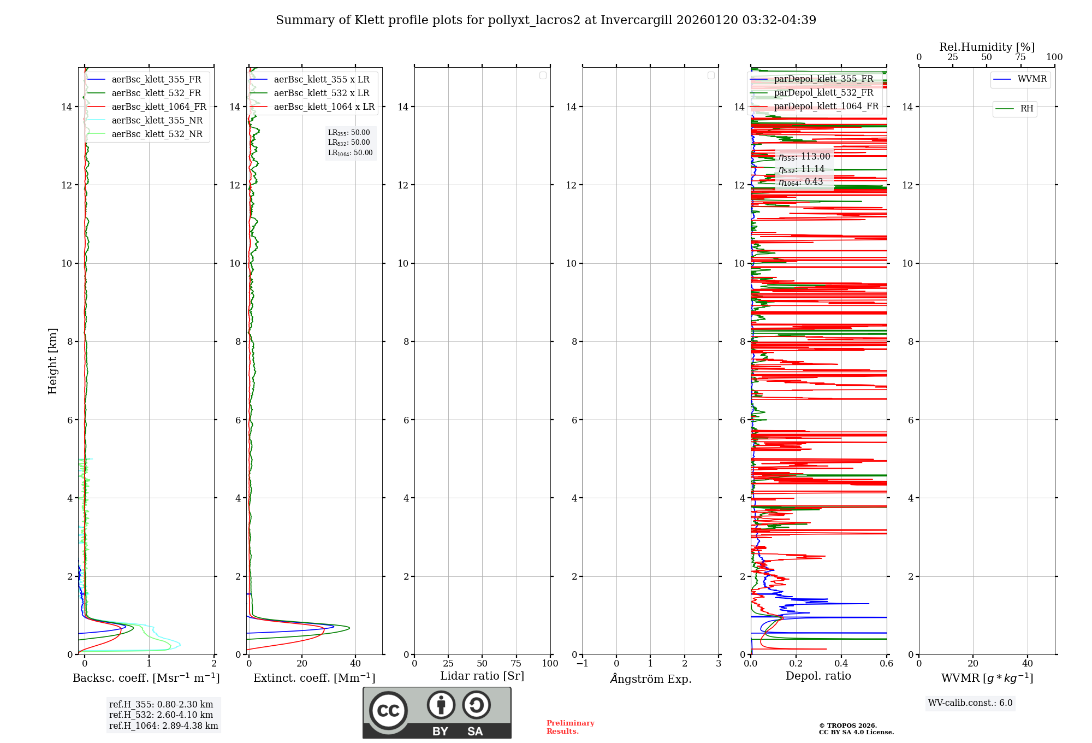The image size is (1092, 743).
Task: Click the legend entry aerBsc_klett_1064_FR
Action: coord(158,107)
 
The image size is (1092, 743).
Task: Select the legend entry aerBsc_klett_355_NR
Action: coord(157,121)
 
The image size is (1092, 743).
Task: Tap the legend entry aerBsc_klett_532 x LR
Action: coord(321,93)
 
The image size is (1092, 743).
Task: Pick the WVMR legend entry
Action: coord(1031,79)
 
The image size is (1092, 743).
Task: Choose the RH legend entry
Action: coord(1026,109)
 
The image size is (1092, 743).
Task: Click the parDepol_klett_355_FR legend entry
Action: coord(823,79)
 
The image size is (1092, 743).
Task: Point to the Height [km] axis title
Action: coord(52,361)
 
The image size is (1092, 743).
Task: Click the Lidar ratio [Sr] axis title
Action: coord(482,676)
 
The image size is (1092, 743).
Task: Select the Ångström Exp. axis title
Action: coord(651,679)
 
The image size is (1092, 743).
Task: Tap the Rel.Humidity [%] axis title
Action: coord(987,47)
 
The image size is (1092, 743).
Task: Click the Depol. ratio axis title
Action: coord(818,676)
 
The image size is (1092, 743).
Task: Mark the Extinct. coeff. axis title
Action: coord(314,678)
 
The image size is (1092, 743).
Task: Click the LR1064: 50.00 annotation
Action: coord(350,153)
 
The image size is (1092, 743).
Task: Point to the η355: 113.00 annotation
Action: coord(804,157)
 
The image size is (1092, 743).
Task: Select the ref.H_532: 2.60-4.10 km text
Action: coord(161,715)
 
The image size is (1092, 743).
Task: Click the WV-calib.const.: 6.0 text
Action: coord(970,703)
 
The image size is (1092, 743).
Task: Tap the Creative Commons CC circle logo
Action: coord(388,711)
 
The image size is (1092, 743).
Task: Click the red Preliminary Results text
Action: coord(570,727)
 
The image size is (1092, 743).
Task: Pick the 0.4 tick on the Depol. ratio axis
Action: coord(841,664)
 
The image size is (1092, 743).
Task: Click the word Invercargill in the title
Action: coord(637,20)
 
